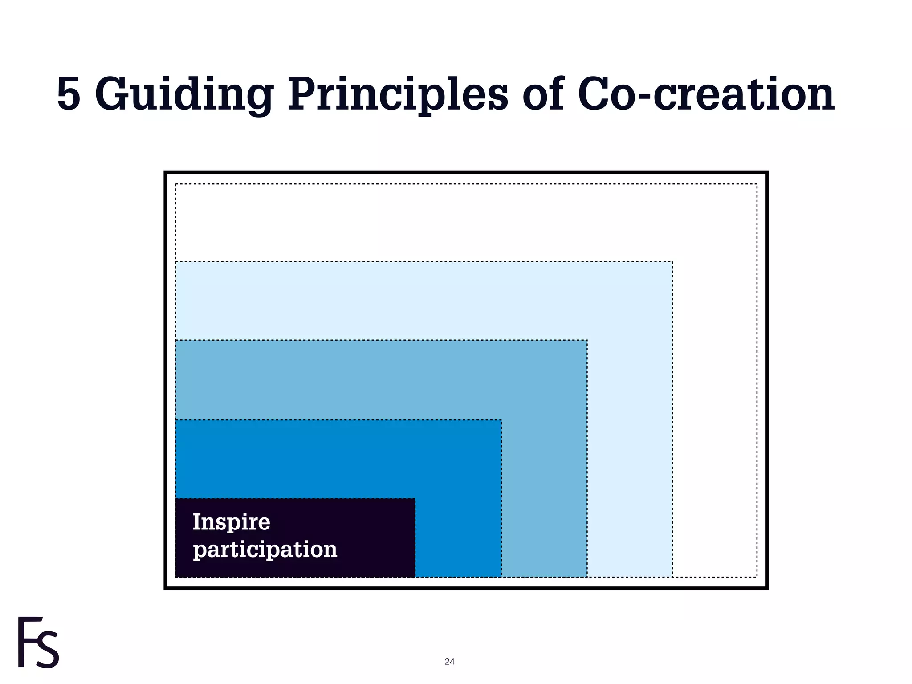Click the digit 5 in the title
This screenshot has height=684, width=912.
tap(69, 94)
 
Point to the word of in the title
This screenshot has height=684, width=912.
tap(543, 94)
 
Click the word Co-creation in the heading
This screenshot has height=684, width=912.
tap(706, 94)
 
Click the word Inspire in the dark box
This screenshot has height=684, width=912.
tap(231, 522)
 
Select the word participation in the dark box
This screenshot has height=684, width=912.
tap(265, 550)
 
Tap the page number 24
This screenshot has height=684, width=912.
tap(449, 662)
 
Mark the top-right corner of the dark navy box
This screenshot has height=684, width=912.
tap(415, 499)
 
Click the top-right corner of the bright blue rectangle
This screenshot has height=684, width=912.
tap(501, 420)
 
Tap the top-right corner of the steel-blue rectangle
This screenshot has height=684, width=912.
tap(587, 341)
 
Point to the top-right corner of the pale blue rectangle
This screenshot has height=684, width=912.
tap(672, 262)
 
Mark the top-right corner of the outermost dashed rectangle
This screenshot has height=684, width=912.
tap(757, 184)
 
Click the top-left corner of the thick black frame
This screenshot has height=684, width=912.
tap(166, 172)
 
